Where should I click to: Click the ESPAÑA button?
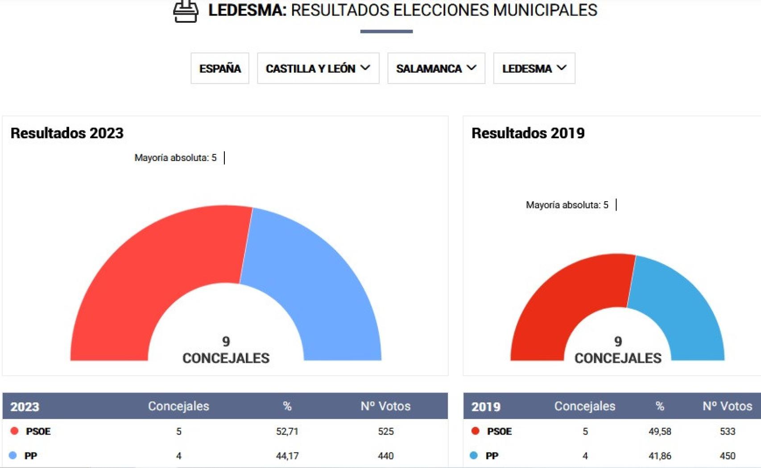[220, 68]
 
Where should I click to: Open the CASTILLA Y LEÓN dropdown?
[318, 68]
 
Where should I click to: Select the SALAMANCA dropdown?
[436, 68]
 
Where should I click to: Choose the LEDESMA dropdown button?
[534, 68]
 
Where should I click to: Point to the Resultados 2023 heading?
[67, 133]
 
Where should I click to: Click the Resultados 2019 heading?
[528, 133]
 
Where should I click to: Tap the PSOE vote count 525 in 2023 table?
[385, 431]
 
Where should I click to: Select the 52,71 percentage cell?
[287, 431]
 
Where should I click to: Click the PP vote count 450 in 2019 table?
[728, 456]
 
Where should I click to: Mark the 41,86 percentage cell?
[660, 456]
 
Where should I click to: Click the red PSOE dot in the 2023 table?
[14, 431]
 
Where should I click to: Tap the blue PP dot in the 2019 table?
[474, 455]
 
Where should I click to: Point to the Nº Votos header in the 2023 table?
[385, 406]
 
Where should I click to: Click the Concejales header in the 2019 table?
[585, 406]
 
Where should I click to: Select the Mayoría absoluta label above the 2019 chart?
[567, 205]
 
